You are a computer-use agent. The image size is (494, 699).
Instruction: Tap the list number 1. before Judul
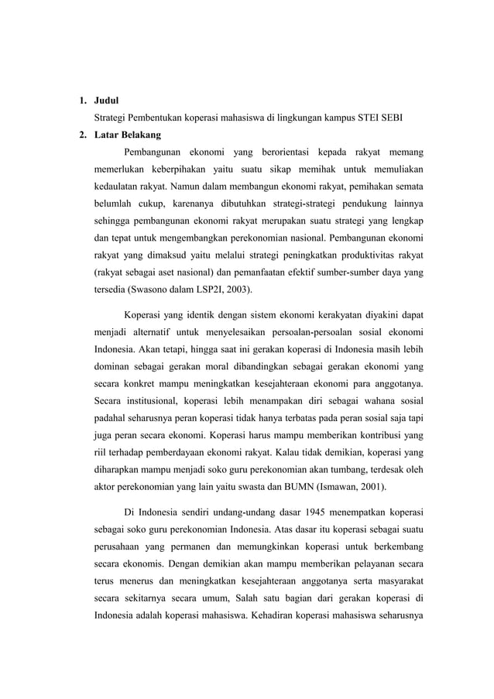tap(81, 101)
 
